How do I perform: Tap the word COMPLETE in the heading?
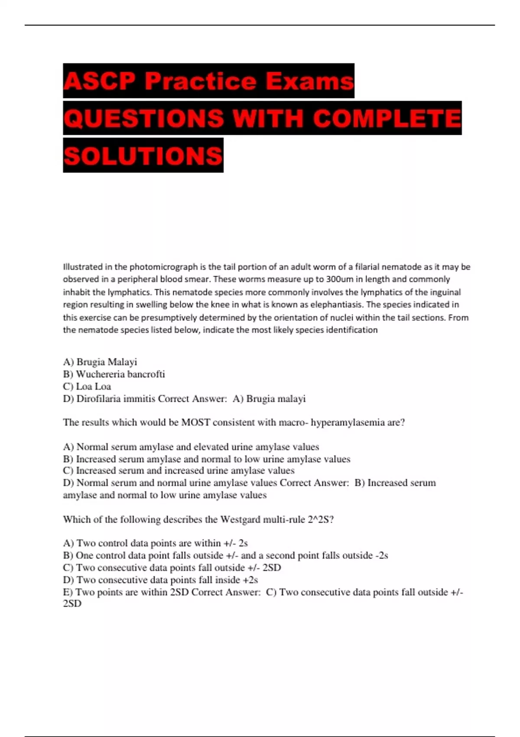387,118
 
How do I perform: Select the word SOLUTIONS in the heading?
143,156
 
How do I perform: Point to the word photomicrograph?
163,267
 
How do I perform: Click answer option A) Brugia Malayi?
100,362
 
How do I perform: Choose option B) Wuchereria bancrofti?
114,374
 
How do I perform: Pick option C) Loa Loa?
87,386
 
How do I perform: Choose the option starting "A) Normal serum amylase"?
191,447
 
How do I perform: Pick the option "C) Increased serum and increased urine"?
179,471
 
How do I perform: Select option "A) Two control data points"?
155,543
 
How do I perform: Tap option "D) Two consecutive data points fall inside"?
160,580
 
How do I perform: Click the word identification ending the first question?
351,330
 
